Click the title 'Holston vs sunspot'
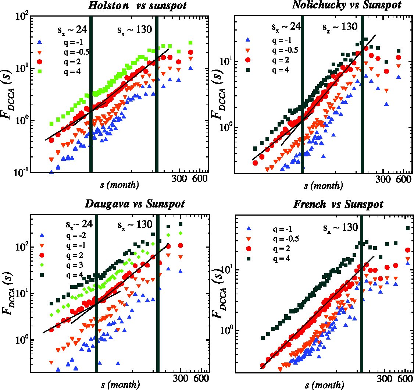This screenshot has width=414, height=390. [x=137, y=5]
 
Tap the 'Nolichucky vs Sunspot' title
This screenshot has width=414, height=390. [x=347, y=5]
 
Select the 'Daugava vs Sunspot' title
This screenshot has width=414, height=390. [x=135, y=204]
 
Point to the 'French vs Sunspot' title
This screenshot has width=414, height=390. [x=338, y=204]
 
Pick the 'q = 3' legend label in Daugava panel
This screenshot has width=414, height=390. [x=75, y=265]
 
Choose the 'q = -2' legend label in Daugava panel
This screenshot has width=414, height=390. [x=76, y=235]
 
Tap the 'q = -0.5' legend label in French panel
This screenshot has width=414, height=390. [x=286, y=239]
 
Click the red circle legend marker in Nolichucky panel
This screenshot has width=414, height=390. [x=248, y=60]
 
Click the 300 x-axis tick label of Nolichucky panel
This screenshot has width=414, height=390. [x=383, y=180]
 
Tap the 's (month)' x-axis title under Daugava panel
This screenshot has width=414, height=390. [x=120, y=384]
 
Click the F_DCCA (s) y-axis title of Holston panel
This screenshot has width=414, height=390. [x=8, y=94]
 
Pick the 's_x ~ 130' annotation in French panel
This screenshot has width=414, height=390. [x=340, y=227]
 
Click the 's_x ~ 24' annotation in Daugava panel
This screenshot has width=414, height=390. [x=79, y=224]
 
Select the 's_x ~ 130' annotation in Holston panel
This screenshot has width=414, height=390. [x=135, y=30]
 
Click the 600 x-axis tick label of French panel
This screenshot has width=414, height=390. [x=405, y=379]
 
